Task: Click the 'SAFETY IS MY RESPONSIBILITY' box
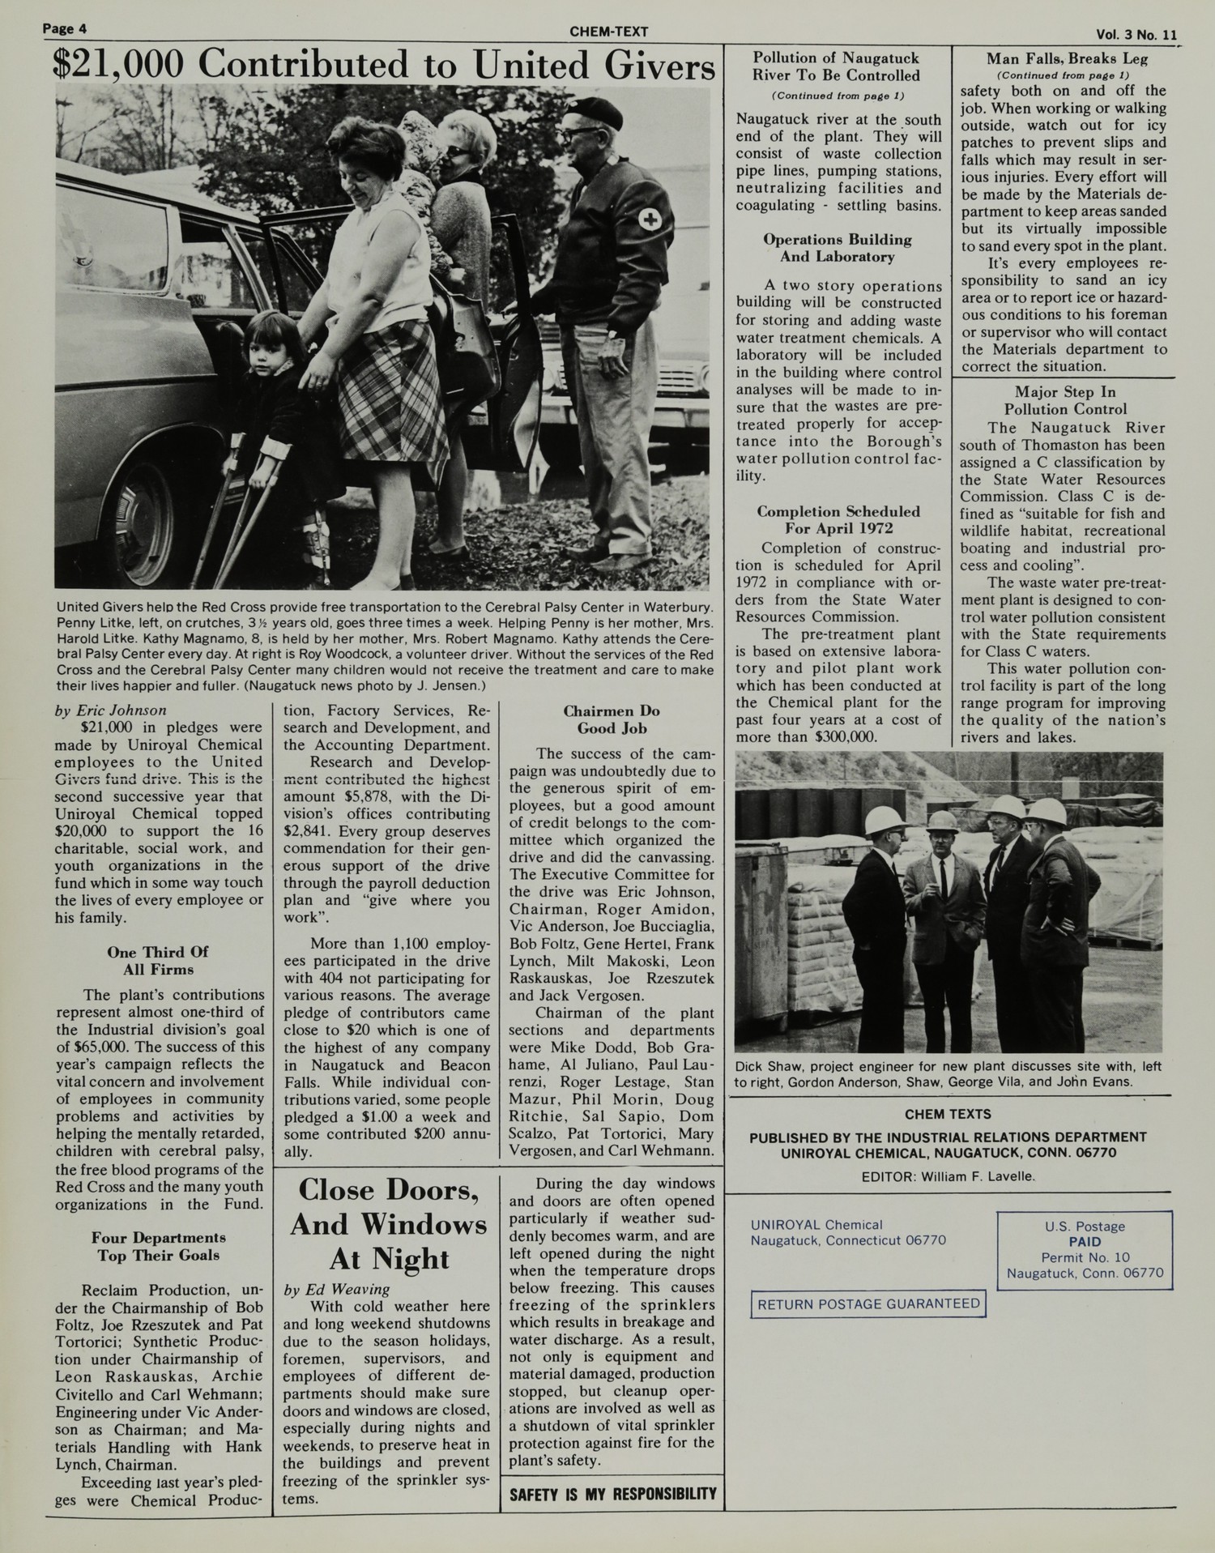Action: click(613, 1493)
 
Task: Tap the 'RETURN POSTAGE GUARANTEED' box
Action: click(868, 1303)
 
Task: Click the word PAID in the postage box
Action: click(1085, 1241)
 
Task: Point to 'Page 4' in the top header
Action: click(65, 30)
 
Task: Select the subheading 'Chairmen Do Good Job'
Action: click(612, 719)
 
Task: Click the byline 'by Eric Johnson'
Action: click(110, 710)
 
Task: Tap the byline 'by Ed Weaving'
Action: click(337, 1288)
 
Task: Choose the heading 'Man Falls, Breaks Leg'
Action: click(1066, 58)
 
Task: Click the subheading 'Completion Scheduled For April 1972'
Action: click(838, 519)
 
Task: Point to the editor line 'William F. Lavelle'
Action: click(949, 1175)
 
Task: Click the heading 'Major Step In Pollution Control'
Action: click(1065, 400)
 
